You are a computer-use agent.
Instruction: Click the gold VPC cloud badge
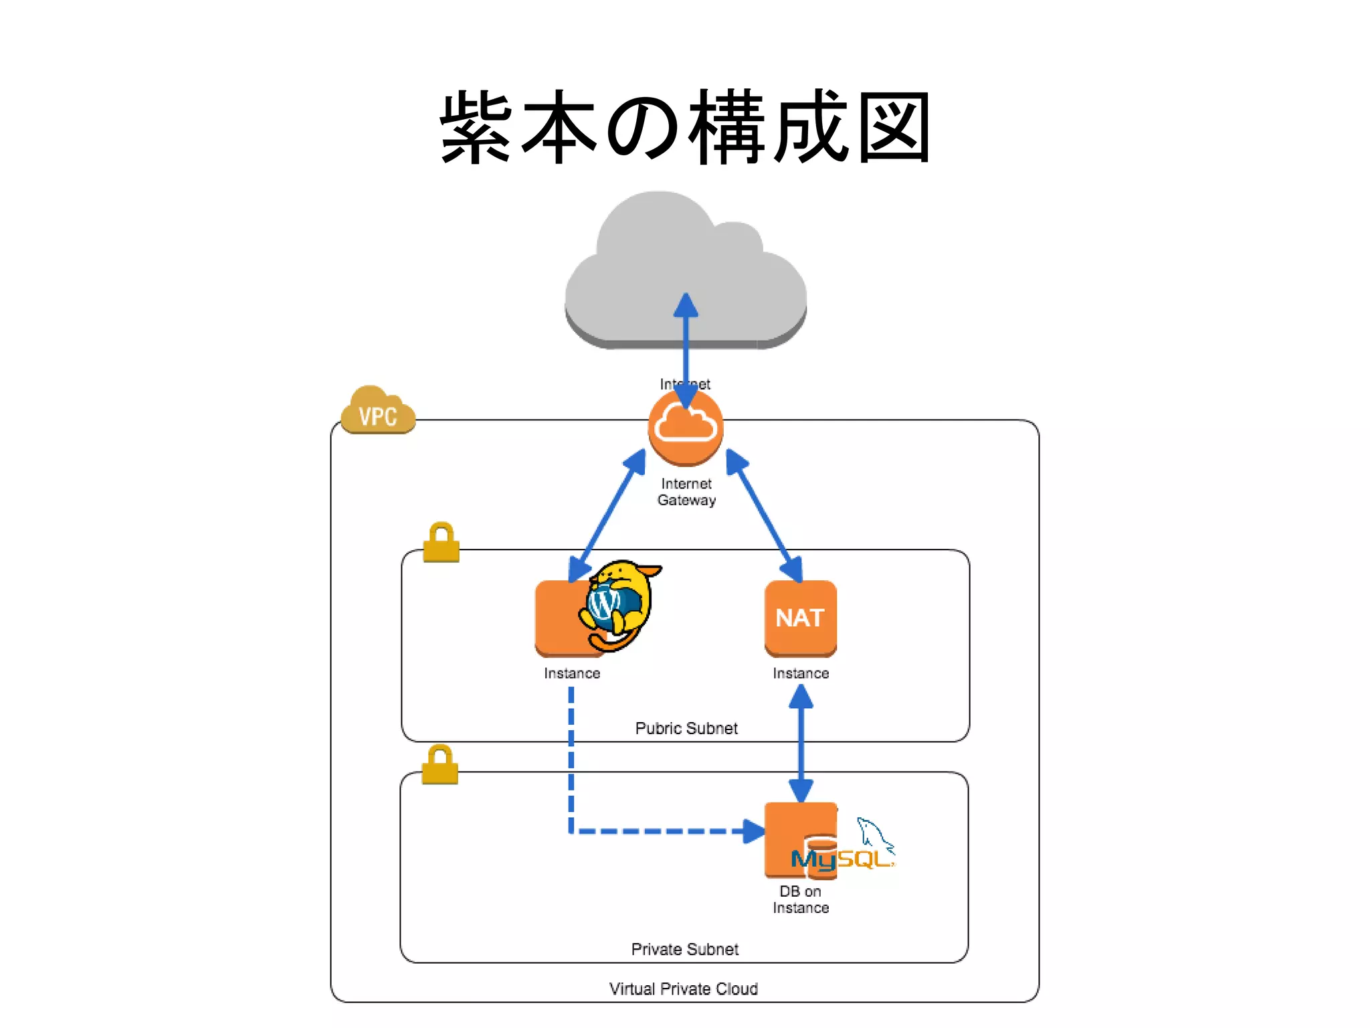click(378, 411)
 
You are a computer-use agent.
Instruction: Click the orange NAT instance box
click(801, 618)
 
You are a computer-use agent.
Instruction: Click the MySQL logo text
click(842, 859)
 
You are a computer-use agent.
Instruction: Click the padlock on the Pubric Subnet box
click(442, 543)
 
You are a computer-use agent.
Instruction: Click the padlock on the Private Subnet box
click(440, 765)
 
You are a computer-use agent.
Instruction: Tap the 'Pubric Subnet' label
click(686, 728)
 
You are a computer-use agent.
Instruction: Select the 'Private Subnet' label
click(685, 949)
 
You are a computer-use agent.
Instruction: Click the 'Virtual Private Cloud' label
click(684, 989)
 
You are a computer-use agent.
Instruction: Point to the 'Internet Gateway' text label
click(686, 492)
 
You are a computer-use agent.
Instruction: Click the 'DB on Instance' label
click(801, 899)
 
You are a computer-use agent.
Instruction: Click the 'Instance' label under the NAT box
click(801, 673)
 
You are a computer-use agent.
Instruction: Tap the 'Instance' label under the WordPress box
click(572, 673)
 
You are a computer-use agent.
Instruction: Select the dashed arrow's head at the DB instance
click(754, 831)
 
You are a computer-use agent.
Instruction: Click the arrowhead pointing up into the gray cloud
click(686, 305)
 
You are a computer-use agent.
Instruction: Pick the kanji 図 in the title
click(894, 127)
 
